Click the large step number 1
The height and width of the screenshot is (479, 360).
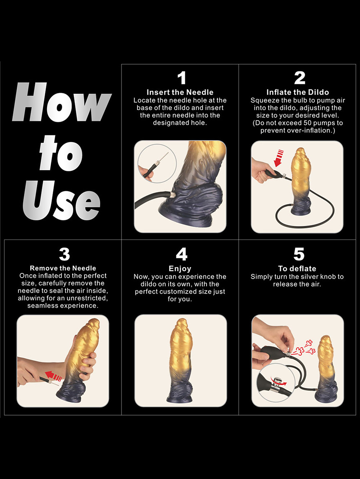[x=182, y=78]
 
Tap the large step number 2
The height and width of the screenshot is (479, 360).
[x=300, y=78]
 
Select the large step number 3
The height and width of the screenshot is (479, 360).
[x=64, y=254]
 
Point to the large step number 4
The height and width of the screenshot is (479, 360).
[x=181, y=254]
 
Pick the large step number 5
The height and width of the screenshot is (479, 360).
[x=299, y=254]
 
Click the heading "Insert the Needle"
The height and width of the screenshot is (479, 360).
[x=180, y=92]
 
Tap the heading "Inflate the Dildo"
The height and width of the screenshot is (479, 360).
[x=298, y=92]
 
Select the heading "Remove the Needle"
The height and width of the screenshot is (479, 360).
[x=63, y=268]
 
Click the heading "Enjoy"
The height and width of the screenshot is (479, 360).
[x=180, y=269]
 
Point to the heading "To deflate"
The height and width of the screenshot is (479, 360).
[x=297, y=268]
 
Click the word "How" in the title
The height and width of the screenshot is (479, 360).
[x=62, y=102]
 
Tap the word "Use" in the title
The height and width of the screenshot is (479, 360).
[x=62, y=200]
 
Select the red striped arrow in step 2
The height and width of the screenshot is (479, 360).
[x=279, y=158]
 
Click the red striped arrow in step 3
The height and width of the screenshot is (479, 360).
[x=54, y=376]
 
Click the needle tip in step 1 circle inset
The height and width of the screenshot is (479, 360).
[x=168, y=152]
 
